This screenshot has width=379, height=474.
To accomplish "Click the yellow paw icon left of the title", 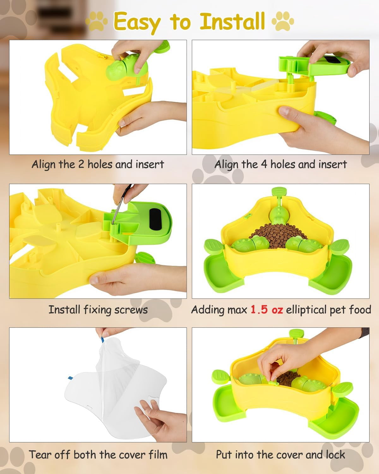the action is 96,21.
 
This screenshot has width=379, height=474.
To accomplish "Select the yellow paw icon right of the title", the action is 283,21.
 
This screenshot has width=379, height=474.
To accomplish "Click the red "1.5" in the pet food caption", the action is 259,309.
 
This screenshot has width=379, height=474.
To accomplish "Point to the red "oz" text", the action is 277,310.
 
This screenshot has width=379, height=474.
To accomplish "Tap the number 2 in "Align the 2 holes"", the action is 81,164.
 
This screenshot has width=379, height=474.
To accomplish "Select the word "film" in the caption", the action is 158,455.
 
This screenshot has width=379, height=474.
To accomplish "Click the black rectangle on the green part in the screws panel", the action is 155,219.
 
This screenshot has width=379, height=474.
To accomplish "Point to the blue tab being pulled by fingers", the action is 102,339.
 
